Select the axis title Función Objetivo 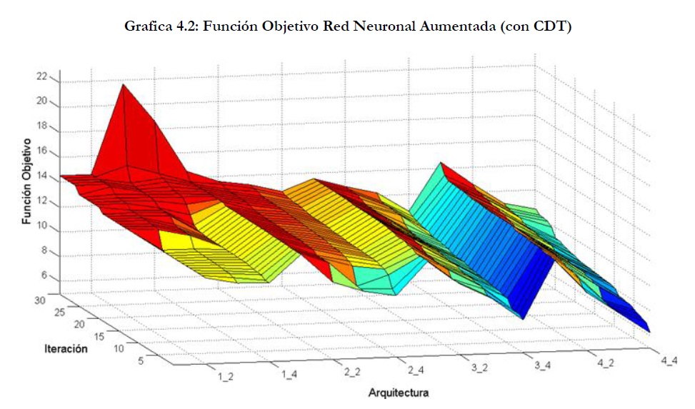[26, 181]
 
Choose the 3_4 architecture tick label [543, 366]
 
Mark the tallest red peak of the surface [124, 86]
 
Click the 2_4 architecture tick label [417, 370]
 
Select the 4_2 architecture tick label [606, 363]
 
